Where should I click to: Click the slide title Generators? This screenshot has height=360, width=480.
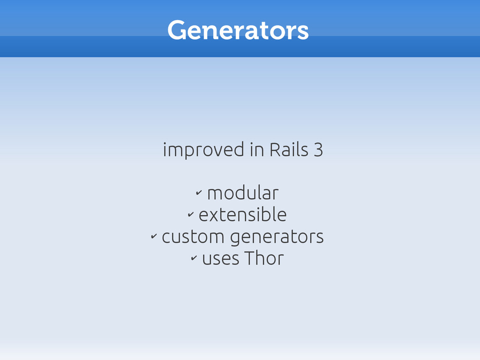[x=238, y=30]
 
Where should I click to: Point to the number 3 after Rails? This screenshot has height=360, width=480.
[x=318, y=150]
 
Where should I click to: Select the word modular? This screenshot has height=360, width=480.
[x=243, y=193]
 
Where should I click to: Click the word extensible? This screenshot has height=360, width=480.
[x=243, y=215]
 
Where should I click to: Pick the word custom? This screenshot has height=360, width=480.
[x=193, y=237]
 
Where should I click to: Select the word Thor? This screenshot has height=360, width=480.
[x=264, y=258]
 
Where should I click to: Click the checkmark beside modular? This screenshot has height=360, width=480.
[x=199, y=193]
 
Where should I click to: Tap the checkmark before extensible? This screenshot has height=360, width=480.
[x=191, y=214]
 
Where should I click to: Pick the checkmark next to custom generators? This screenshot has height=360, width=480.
[x=154, y=236]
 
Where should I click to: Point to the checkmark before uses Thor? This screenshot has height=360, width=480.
[x=194, y=258]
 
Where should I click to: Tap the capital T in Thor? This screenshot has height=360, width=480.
[x=250, y=258]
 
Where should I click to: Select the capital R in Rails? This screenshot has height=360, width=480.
[x=275, y=150]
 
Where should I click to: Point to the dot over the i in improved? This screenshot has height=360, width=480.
[x=165, y=143]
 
